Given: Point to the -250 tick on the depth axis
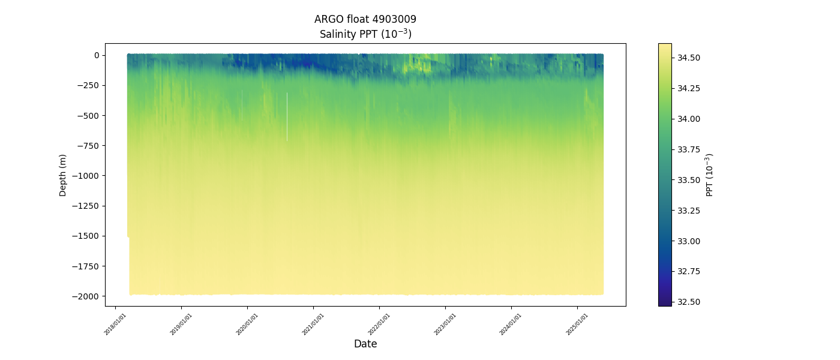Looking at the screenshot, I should click(88, 85).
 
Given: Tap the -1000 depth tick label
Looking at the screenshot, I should click(86, 176).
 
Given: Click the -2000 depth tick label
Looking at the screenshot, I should click(86, 296).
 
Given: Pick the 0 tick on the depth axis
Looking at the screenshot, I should click(96, 55).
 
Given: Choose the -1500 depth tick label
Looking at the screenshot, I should click(86, 236).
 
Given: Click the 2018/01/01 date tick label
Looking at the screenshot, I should click(115, 324).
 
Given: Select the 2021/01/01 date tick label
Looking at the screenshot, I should click(313, 324).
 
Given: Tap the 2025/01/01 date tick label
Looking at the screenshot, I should click(577, 324).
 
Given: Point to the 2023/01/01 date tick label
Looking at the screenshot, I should click(445, 324).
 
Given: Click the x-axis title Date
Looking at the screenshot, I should click(365, 344).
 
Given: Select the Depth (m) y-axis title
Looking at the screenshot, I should click(63, 175).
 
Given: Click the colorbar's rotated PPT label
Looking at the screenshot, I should click(710, 175).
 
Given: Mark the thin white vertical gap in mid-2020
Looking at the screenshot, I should click(287, 117).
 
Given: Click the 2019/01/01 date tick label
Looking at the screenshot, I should click(181, 324).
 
